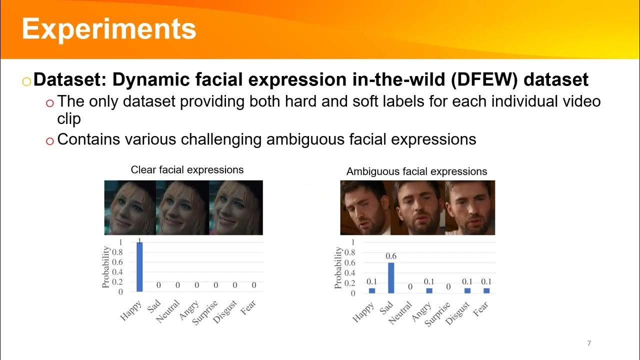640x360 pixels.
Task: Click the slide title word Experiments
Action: point(109,28)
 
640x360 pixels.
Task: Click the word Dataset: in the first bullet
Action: point(69,79)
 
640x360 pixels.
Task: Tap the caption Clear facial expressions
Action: point(187,170)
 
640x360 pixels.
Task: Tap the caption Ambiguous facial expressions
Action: point(416,171)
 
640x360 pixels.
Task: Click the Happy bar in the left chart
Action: point(139,267)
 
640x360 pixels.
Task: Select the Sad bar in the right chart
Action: point(390,278)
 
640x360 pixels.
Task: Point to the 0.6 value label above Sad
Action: point(390,256)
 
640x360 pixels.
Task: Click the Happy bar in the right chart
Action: point(371,290)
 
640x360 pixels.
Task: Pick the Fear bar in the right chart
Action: point(486,290)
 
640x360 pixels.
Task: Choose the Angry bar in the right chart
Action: point(429,290)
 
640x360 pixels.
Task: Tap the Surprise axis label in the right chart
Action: point(438,313)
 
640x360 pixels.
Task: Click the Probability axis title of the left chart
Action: point(106,267)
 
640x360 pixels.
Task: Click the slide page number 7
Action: point(589,343)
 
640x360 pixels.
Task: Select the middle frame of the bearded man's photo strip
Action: point(417,207)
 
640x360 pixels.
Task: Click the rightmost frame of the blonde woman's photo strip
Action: point(236,207)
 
